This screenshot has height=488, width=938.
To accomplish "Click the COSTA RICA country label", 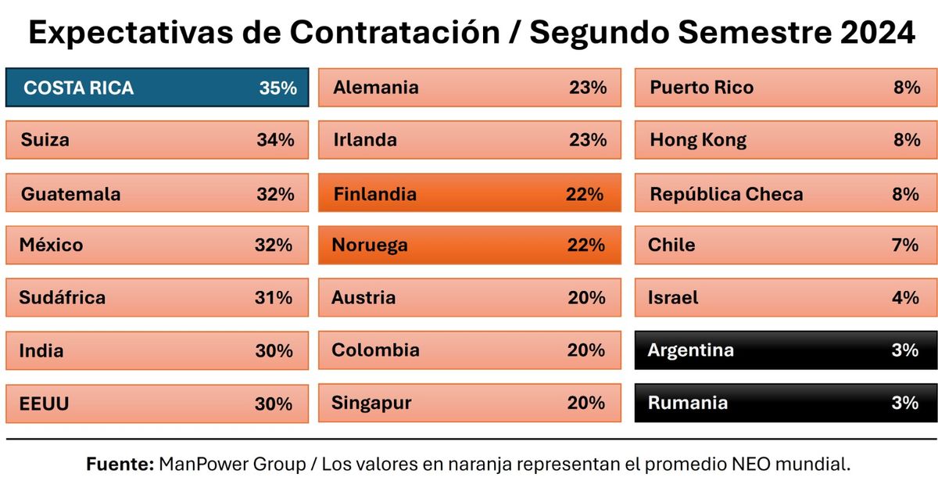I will tap(78, 88).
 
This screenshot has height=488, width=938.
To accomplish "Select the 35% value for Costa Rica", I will tap(277, 88).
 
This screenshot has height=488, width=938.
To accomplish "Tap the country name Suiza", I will tap(45, 140).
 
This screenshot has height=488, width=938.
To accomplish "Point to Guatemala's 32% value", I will tap(275, 193).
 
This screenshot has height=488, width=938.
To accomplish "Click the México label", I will tap(51, 245).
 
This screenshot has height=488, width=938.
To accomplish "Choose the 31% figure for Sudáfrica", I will tap(274, 297).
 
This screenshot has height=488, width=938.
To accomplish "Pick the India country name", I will tap(41, 351).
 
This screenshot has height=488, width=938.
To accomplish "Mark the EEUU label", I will tap(45, 404).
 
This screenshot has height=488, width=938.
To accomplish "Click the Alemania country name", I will tap(375, 88).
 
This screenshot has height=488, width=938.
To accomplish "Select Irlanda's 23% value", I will tap(588, 140).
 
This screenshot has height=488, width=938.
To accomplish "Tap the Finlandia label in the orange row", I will tap(375, 193).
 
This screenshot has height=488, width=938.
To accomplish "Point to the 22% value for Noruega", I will tap(586, 245).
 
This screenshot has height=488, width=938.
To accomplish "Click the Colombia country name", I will tap(375, 350).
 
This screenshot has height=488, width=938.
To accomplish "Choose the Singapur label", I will tap(371, 403).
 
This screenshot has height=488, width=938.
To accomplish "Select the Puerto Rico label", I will tap(701, 88).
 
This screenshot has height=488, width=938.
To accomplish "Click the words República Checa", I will tap(726, 193).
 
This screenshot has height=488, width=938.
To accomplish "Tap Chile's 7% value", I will tap(904, 245).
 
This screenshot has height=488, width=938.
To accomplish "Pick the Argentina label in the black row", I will tap(690, 350).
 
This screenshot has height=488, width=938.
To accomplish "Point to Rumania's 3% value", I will tap(904, 403).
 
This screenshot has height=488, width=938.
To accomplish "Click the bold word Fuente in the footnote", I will tap(119, 464).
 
